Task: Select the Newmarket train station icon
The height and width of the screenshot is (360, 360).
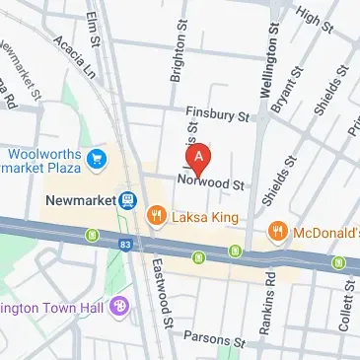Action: [x=128, y=200]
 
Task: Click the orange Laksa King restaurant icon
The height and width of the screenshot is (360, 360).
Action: [x=155, y=215]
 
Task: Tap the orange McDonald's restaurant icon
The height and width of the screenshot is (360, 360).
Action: [x=279, y=232]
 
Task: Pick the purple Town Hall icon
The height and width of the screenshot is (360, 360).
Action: [x=119, y=307]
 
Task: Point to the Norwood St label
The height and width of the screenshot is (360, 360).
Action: [x=210, y=182]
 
